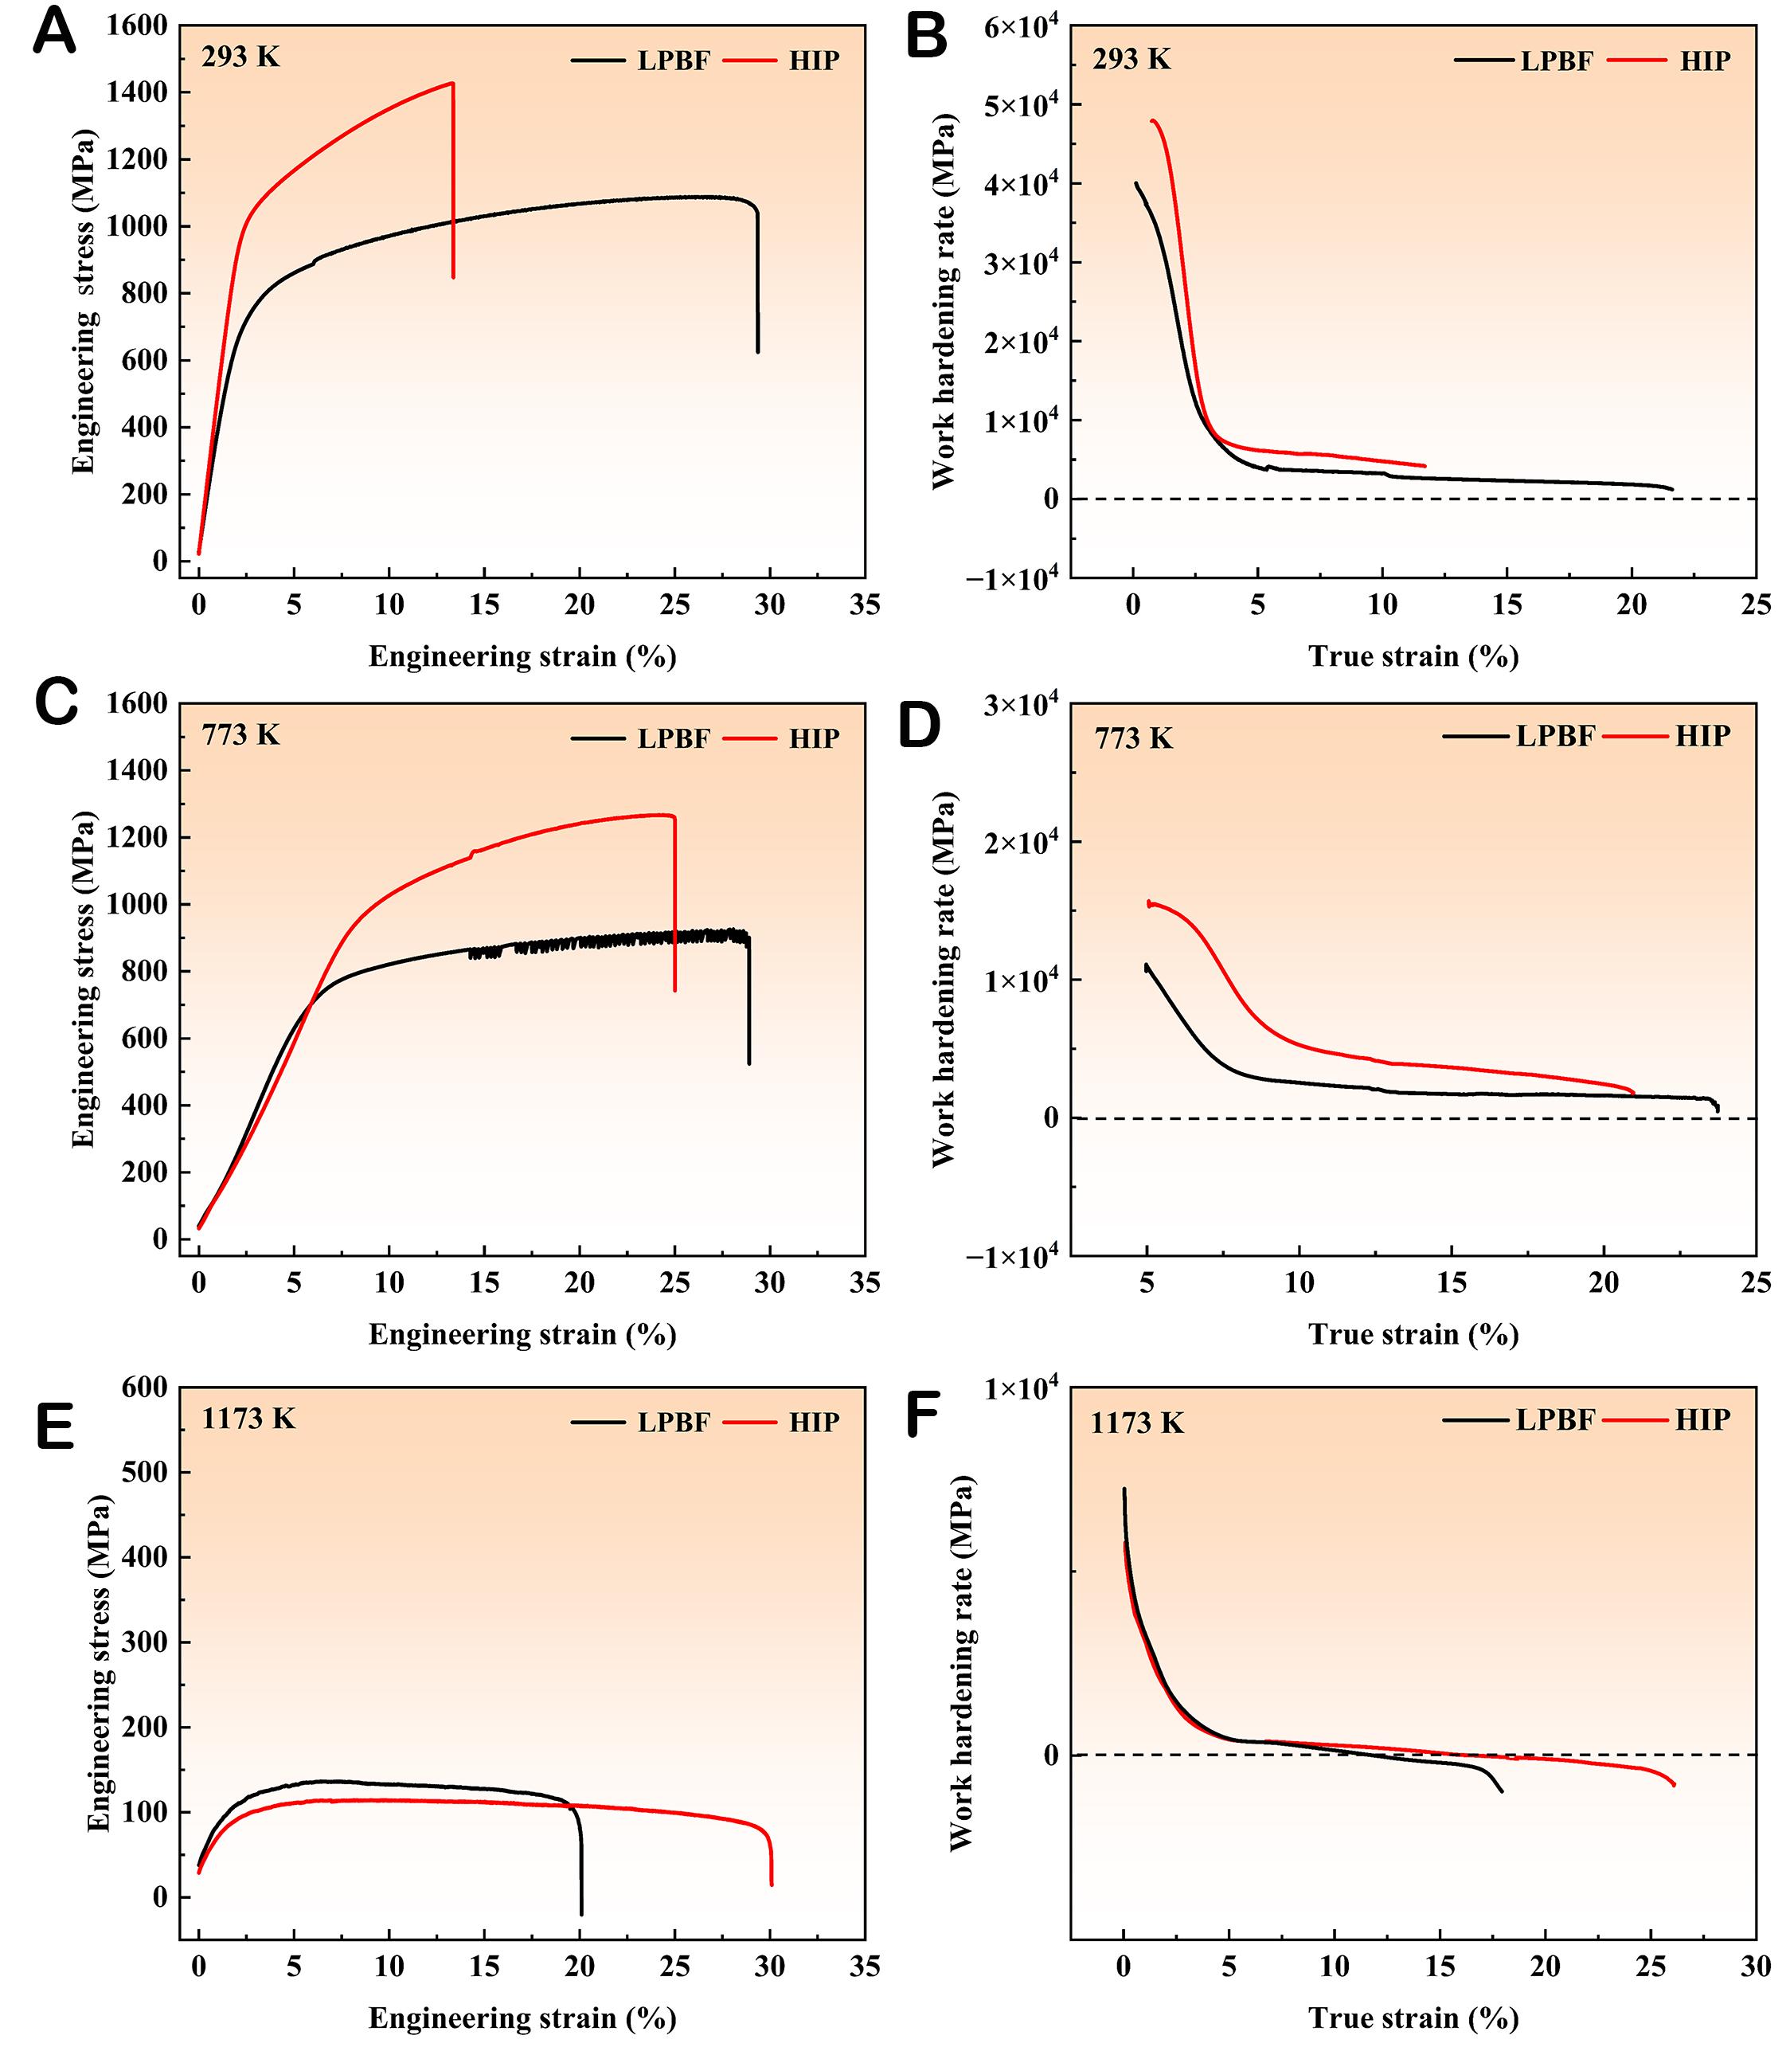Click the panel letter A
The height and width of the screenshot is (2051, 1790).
click(54, 32)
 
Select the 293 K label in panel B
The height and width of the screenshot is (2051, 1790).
click(1131, 60)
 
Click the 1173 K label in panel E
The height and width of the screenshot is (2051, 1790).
click(248, 1419)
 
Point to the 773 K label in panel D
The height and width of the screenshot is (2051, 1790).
click(1133, 738)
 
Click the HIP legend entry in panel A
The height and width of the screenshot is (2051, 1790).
click(813, 61)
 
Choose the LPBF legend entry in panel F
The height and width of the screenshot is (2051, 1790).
click(1554, 1419)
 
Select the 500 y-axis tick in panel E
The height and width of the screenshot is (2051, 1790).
click(144, 1472)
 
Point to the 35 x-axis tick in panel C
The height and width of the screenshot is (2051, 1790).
click(864, 1282)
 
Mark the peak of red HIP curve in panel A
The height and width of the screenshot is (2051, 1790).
click(452, 84)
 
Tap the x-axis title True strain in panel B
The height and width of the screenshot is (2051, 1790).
click(1413, 656)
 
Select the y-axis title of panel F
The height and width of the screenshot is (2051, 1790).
click(960, 1663)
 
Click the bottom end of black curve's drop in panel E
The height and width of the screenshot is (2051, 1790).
click(581, 1913)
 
